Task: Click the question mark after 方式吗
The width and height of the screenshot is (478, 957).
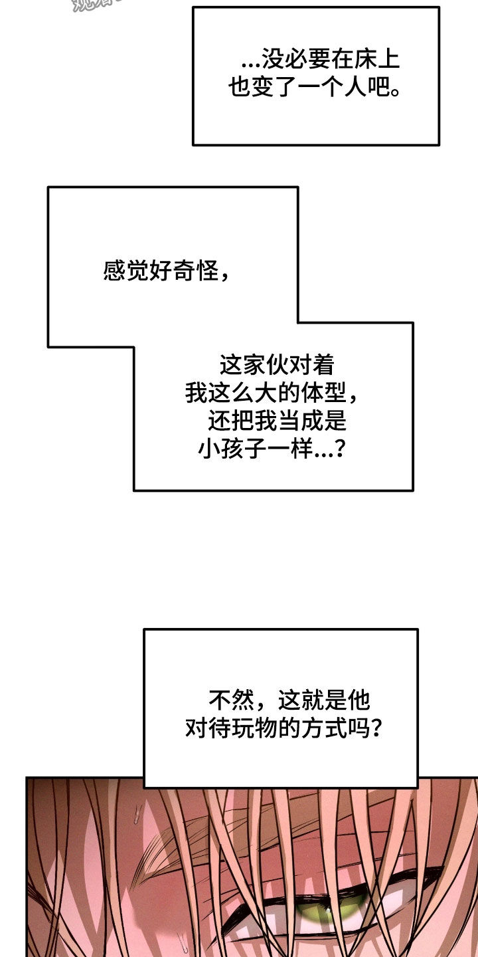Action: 374,728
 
